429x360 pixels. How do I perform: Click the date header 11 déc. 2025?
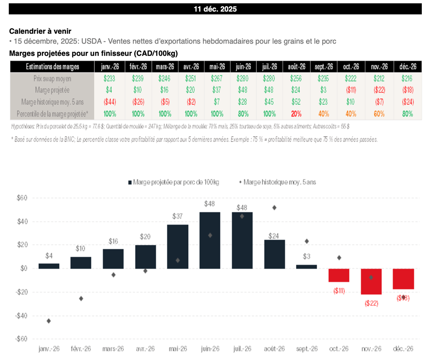coord(215,9)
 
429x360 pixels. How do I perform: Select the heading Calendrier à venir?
coord(40,31)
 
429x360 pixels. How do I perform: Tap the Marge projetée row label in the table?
coord(52,90)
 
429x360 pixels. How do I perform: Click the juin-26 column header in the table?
coord(243,66)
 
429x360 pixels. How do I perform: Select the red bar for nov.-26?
coord(371,281)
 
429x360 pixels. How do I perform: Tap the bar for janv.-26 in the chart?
coord(49,266)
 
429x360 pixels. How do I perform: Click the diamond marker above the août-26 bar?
coord(274,207)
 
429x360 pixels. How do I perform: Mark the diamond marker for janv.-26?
coord(49,321)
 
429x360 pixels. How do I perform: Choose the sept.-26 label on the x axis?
coord(307,349)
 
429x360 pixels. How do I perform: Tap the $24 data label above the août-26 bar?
coord(274,235)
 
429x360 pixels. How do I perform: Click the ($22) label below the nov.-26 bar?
coord(371,303)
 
